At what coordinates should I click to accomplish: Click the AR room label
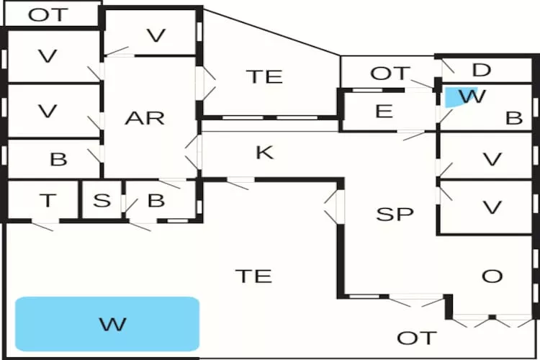[x=145, y=118]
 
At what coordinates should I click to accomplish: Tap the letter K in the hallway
[x=265, y=153]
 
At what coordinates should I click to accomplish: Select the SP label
[x=395, y=214]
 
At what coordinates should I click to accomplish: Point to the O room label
[x=492, y=276]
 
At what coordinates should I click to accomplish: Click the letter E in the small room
[x=384, y=112]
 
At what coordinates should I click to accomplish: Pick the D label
[x=481, y=71]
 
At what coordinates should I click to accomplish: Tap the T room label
[x=48, y=200]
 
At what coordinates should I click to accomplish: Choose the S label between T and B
[x=102, y=200]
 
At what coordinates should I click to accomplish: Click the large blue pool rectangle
[x=107, y=324]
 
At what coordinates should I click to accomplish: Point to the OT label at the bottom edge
[x=417, y=338]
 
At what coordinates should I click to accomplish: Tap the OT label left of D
[x=390, y=73]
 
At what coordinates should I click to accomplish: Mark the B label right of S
[x=156, y=200]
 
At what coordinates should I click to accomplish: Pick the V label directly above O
[x=492, y=208]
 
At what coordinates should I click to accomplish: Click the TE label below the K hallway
[x=254, y=275]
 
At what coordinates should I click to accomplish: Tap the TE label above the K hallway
[x=264, y=77]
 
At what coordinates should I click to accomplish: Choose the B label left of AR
[x=58, y=159]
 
